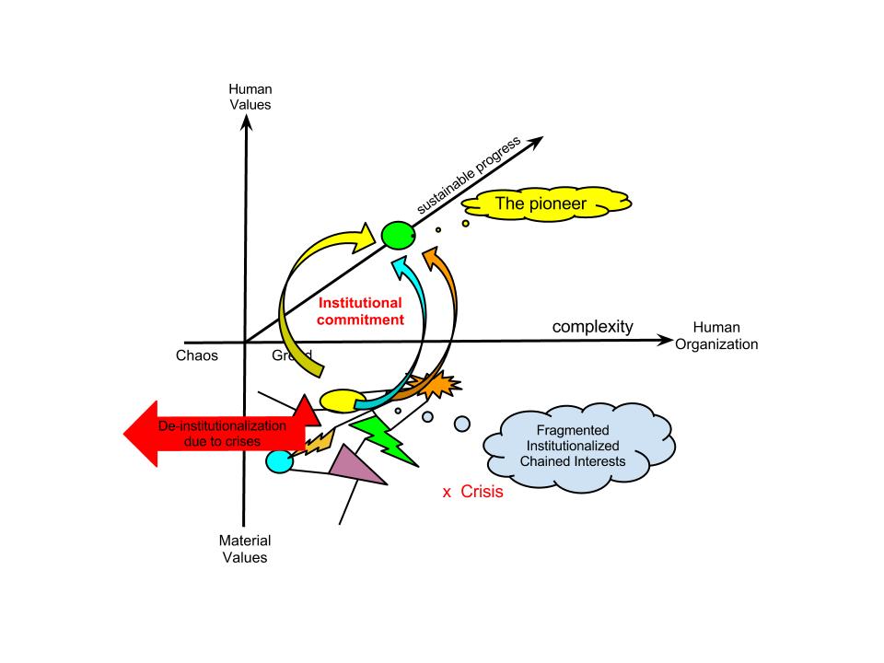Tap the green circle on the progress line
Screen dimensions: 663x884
(397, 237)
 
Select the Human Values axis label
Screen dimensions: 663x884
(250, 97)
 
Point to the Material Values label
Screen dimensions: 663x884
(244, 549)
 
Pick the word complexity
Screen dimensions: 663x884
(593, 327)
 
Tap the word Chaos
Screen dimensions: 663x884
(196, 355)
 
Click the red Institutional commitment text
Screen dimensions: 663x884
(360, 311)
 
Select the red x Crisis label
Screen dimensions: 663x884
(472, 493)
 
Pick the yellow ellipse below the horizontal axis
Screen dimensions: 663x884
(343, 401)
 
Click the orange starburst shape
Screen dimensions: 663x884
(438, 385)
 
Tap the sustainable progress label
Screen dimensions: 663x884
(469, 175)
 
